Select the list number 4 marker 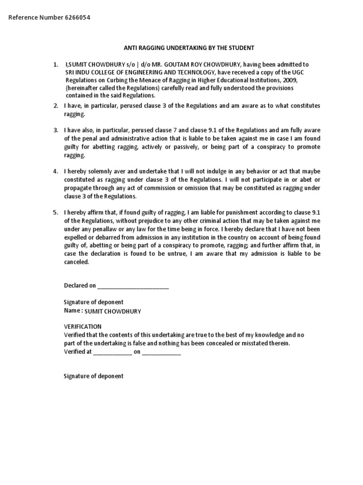[56, 171]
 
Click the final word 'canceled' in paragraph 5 [76, 262]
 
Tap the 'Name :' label [73, 311]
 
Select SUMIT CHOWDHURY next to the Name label [112, 312]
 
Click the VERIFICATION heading [83, 327]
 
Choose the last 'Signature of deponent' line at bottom [94, 376]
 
